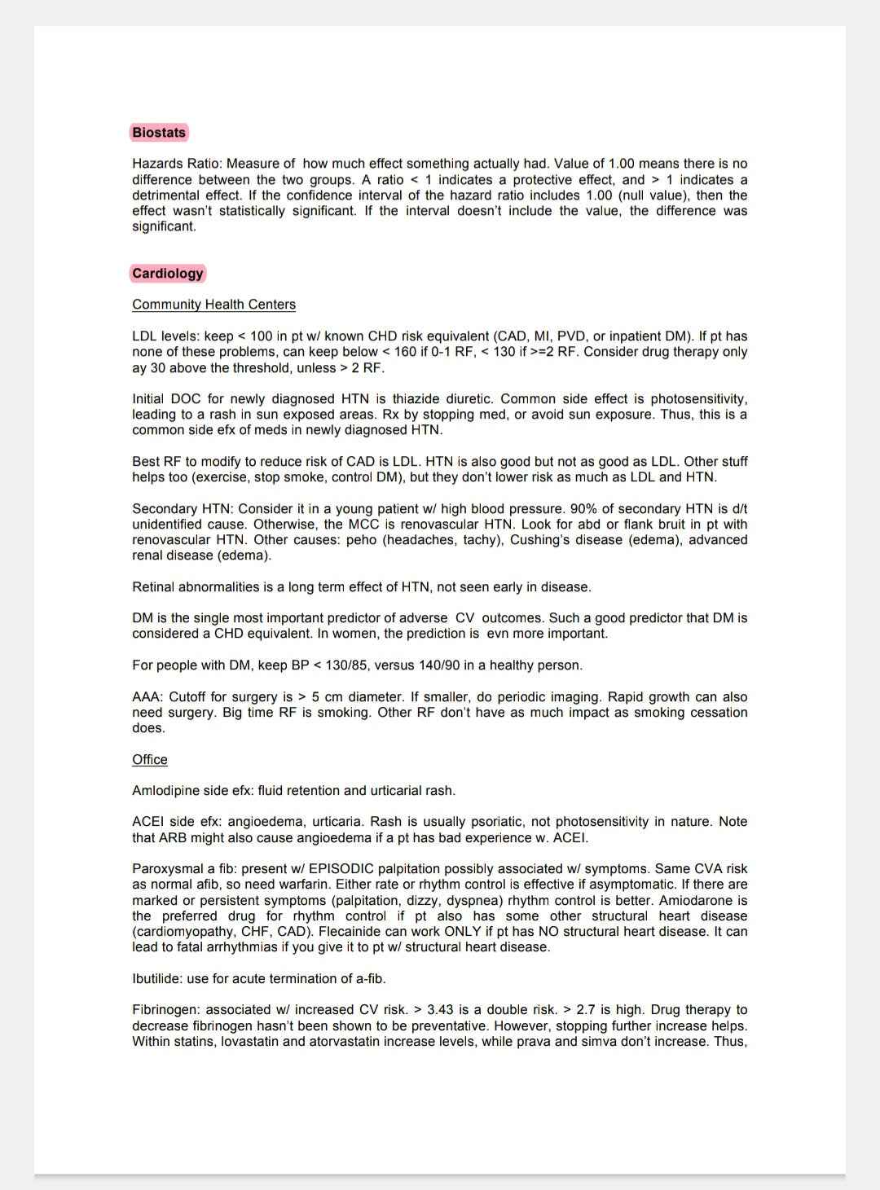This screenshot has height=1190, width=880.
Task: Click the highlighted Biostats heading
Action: [x=159, y=133]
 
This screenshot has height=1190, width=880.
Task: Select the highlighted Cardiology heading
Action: [x=167, y=274]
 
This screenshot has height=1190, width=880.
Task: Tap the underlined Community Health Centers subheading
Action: [x=213, y=305]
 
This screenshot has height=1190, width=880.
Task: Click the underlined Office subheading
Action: [x=150, y=760]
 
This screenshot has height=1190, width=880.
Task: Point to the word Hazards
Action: [x=156, y=164]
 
